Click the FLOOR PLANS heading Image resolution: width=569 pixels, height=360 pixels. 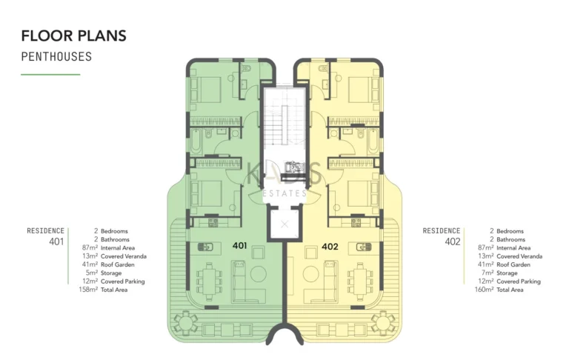pos(73,36)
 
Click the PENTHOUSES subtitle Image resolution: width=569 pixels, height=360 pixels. pos(56,56)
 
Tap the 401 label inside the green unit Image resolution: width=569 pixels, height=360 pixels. pos(239,245)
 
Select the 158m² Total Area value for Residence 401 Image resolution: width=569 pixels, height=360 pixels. pos(88,290)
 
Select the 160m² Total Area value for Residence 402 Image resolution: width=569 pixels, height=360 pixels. pos(484,290)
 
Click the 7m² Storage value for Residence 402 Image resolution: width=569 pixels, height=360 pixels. pos(488,273)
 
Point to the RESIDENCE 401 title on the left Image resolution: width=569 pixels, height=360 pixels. pos(46,236)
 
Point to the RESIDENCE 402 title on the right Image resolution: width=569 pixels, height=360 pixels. pos(442,236)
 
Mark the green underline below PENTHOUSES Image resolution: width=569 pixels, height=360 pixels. pos(50,74)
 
